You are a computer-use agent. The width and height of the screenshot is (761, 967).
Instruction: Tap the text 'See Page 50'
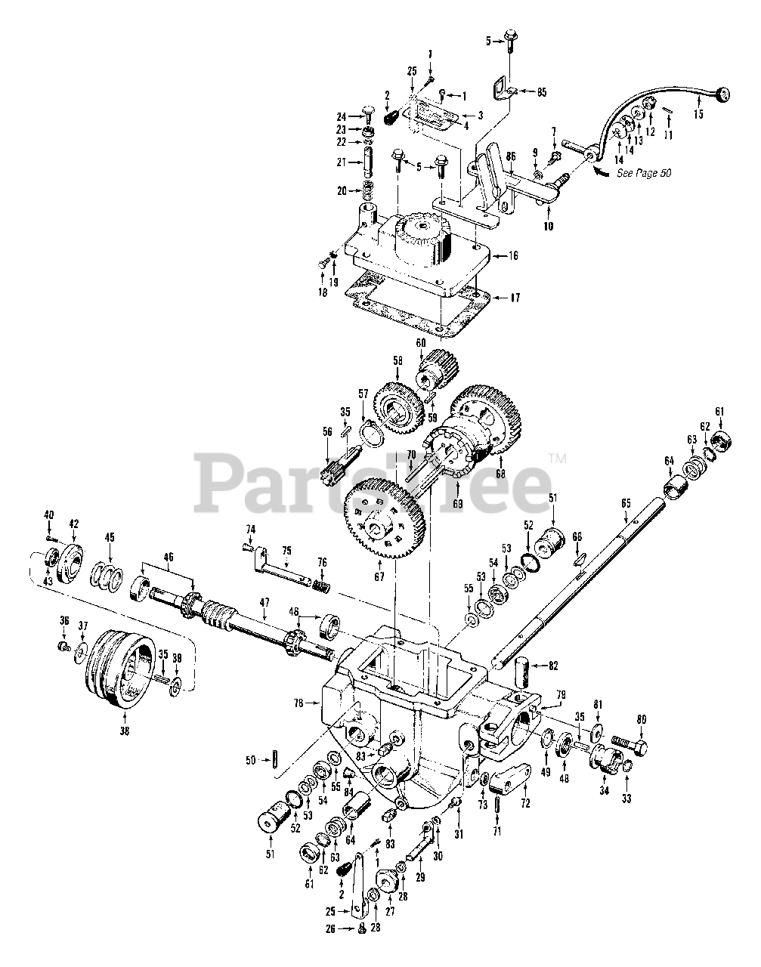644,173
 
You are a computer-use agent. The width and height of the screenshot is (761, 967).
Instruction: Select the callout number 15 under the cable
697,115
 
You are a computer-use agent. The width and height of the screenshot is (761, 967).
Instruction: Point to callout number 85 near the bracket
542,92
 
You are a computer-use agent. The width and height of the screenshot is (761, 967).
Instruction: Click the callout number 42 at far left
73,523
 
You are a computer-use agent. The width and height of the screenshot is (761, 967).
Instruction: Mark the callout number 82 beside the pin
554,666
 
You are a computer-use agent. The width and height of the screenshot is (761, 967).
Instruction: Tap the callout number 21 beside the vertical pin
339,162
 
